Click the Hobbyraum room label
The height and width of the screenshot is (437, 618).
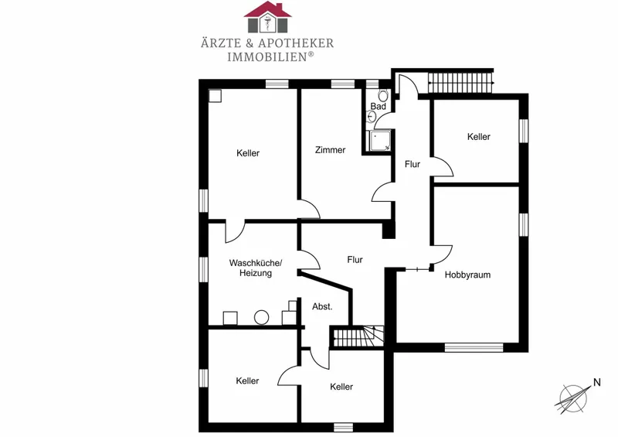(467, 275)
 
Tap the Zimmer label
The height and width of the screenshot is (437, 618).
(331, 150)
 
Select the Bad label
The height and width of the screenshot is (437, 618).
(378, 107)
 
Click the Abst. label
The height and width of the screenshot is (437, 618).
(322, 307)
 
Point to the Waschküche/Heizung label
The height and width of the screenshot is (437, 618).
(256, 268)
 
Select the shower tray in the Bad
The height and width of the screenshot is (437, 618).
(379, 141)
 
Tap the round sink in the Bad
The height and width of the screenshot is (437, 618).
(372, 116)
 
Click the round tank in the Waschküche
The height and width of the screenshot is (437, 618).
(261, 317)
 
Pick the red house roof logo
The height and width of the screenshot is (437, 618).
(267, 17)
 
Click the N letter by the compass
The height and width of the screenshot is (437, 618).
(596, 382)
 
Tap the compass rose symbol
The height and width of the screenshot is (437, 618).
(572, 398)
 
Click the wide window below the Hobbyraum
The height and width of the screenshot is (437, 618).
(474, 348)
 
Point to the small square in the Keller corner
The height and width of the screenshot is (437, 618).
(215, 96)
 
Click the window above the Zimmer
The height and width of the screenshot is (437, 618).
(342, 84)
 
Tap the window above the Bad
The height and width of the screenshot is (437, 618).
(372, 84)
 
